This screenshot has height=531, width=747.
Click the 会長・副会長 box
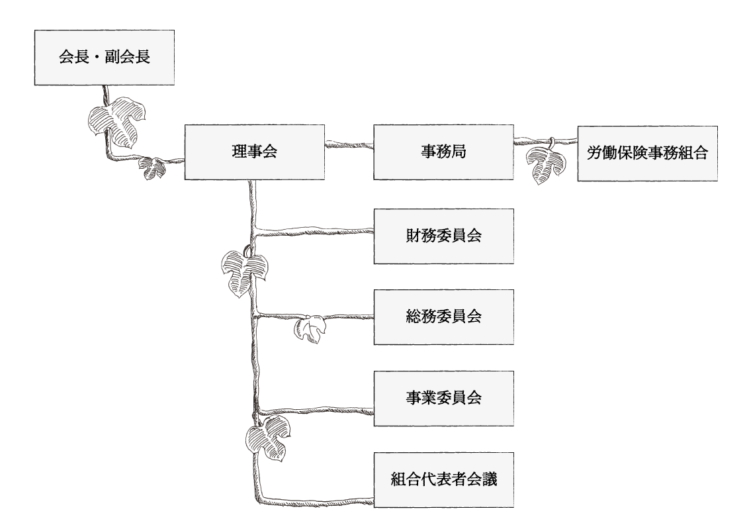tap(105, 57)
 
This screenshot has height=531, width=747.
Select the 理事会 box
tap(255, 152)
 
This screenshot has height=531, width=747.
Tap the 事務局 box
tap(443, 152)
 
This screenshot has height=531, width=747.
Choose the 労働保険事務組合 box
tap(647, 153)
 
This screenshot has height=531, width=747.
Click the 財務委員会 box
tap(443, 236)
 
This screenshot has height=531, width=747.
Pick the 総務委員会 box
tap(443, 316)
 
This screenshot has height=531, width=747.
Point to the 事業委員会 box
tap(443, 398)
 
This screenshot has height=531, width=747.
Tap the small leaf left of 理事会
tap(154, 168)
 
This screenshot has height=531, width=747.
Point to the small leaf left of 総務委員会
tap(310, 329)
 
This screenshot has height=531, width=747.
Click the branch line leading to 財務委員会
tap(314, 231)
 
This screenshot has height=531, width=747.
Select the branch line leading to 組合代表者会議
tap(318, 498)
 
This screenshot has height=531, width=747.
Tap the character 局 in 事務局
tap(459, 152)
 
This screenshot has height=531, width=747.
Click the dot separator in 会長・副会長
tap(105, 57)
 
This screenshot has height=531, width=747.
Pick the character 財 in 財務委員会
tap(413, 236)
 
